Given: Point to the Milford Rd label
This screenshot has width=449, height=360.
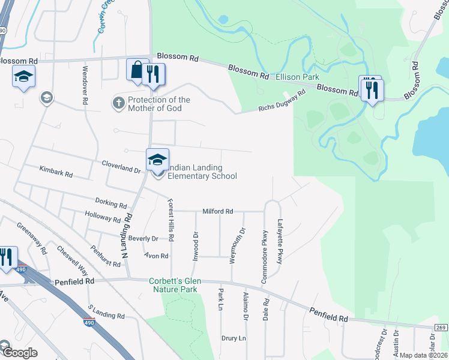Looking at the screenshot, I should coord(217,211).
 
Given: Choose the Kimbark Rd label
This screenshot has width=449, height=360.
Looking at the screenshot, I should coord(56,175).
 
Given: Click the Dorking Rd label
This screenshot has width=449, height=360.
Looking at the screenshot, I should coord(109,202).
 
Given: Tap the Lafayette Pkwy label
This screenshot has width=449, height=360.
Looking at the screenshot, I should coord(280,242).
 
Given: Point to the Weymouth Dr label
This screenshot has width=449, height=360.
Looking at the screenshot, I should coord(243,244).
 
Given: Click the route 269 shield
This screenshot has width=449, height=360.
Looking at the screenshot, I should coord(442,327).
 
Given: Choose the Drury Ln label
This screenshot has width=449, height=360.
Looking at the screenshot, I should coord(234,338).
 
